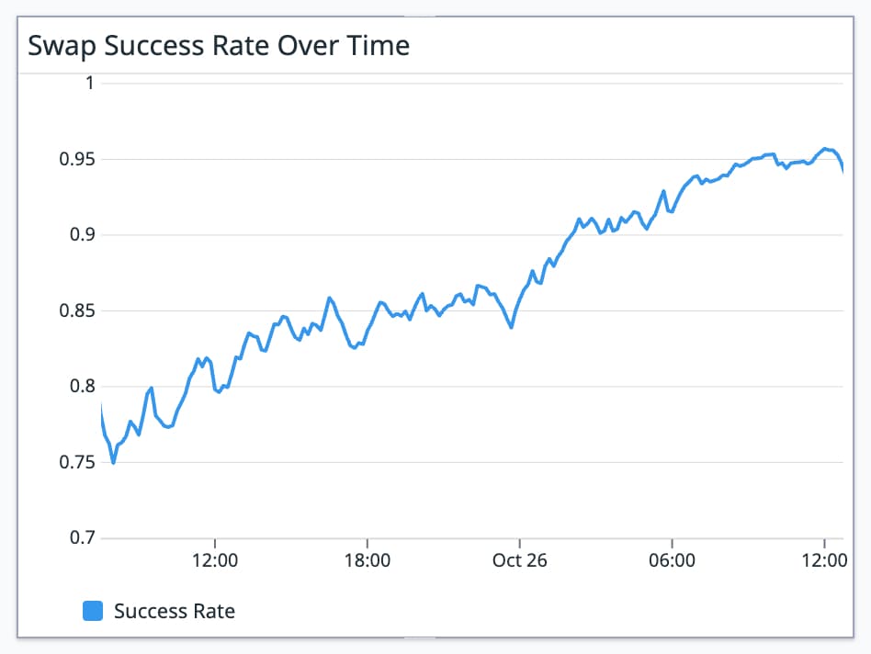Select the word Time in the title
(379, 46)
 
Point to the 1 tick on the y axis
(89, 84)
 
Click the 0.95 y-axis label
(77, 159)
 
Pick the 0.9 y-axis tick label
(83, 235)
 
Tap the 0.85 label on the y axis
(77, 310)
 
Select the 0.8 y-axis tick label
(83, 387)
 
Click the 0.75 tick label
(77, 462)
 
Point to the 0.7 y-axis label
(83, 538)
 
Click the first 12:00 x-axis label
(214, 561)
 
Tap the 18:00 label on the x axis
(367, 561)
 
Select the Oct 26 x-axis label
(519, 561)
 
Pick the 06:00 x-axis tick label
(672, 561)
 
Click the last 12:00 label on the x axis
(824, 561)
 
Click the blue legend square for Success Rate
(93, 611)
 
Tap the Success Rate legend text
(175, 611)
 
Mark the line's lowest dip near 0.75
(113, 462)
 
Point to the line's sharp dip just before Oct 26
(512, 326)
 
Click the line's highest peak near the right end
(825, 149)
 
